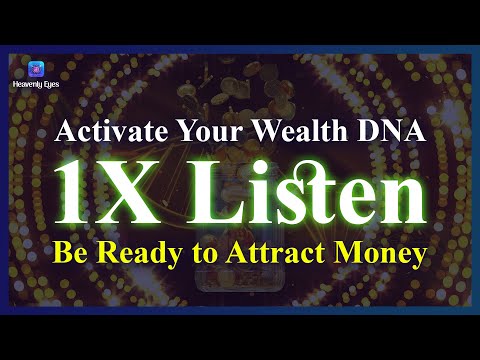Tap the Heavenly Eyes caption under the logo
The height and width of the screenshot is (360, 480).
(37, 86)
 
